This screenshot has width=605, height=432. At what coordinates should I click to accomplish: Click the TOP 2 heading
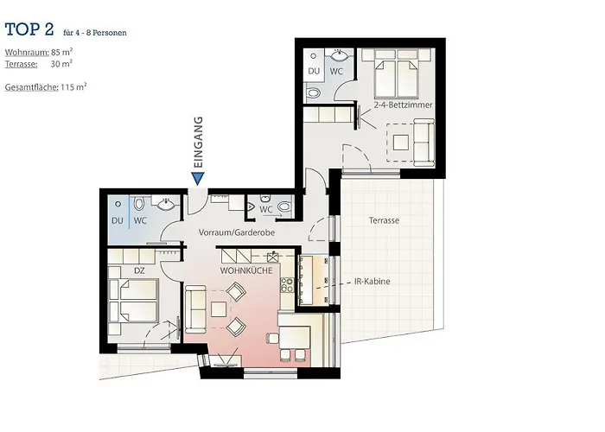click(29, 30)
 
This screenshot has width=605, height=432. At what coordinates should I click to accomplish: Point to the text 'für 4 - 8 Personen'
click(95, 33)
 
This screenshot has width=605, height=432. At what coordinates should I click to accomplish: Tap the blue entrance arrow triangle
click(198, 178)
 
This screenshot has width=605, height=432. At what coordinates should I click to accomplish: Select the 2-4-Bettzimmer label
click(403, 105)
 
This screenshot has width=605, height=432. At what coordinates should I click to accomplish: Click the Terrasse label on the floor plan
click(384, 220)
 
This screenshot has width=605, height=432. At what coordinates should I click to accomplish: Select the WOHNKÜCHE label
click(246, 270)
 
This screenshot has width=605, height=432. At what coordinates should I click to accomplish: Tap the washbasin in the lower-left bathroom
click(166, 205)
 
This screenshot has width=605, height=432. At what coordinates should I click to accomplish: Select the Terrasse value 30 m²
click(61, 64)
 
